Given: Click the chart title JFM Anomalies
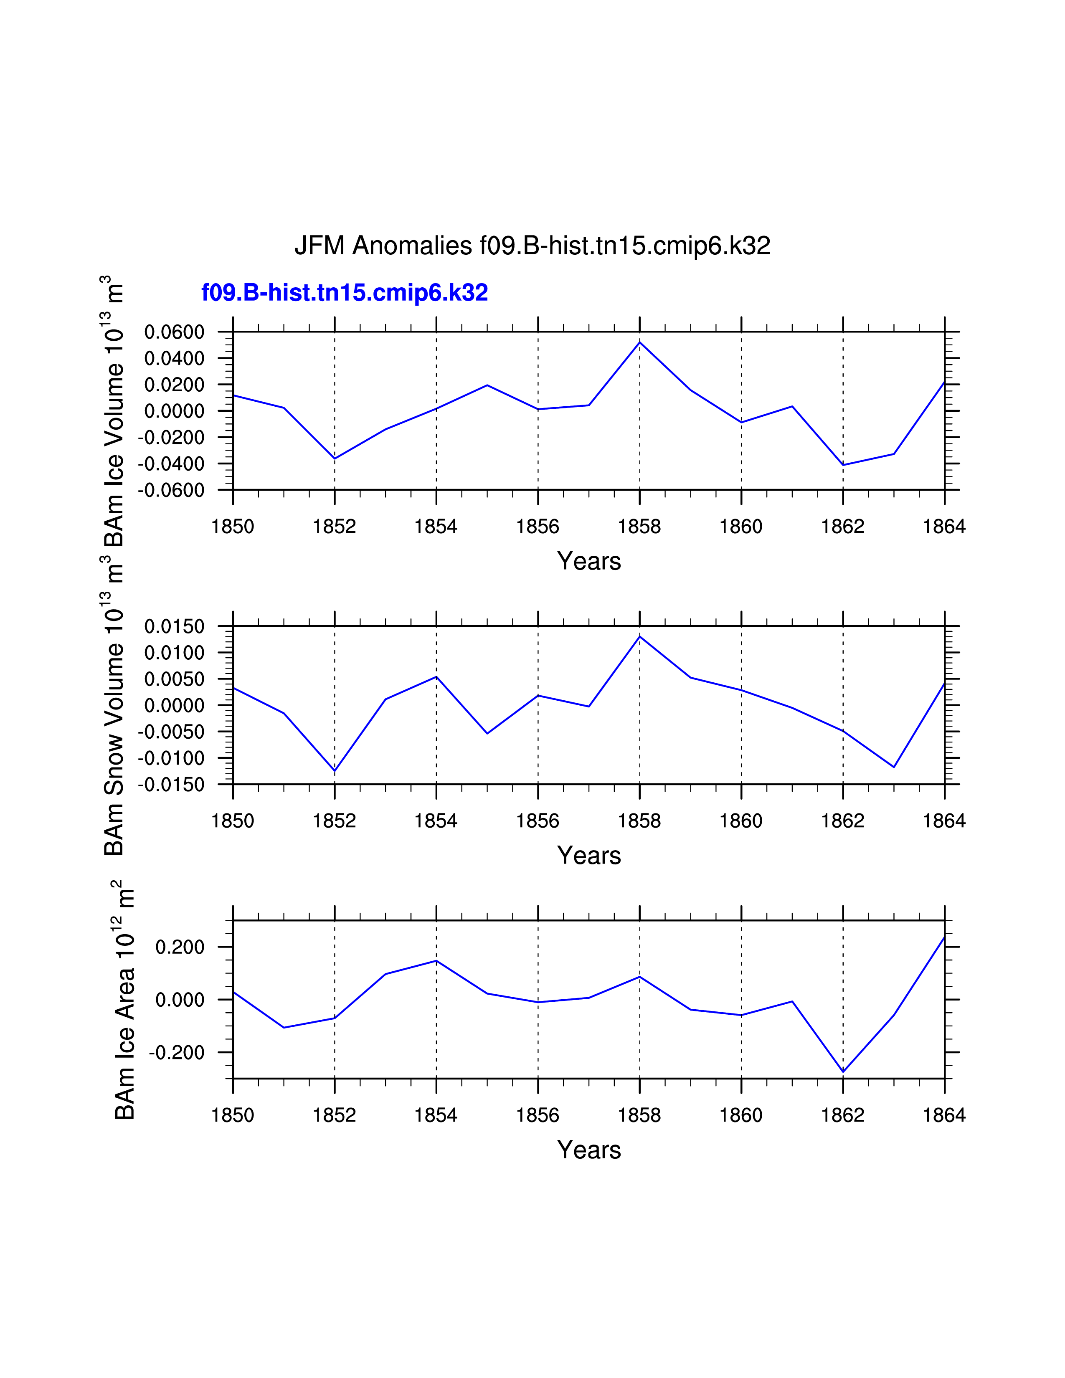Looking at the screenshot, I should [532, 246].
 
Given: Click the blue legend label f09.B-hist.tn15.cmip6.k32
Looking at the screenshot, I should [345, 293].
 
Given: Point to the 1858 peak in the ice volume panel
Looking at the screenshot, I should [640, 342].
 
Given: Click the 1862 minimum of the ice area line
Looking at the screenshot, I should [843, 1072].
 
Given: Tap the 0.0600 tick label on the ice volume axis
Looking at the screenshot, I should [174, 332].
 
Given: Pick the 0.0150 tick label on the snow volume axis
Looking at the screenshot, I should [174, 626].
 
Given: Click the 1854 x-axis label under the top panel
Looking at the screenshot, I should [436, 526].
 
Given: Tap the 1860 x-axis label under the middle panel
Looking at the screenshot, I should [741, 821].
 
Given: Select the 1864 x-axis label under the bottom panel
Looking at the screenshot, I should [944, 1115].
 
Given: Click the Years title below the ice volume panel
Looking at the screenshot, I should [588, 561].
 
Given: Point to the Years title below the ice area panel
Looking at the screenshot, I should [588, 1150].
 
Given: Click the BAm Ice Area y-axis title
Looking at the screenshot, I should [125, 1000].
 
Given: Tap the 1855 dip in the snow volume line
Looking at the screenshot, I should [487, 733].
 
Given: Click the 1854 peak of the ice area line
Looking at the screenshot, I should [436, 961].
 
